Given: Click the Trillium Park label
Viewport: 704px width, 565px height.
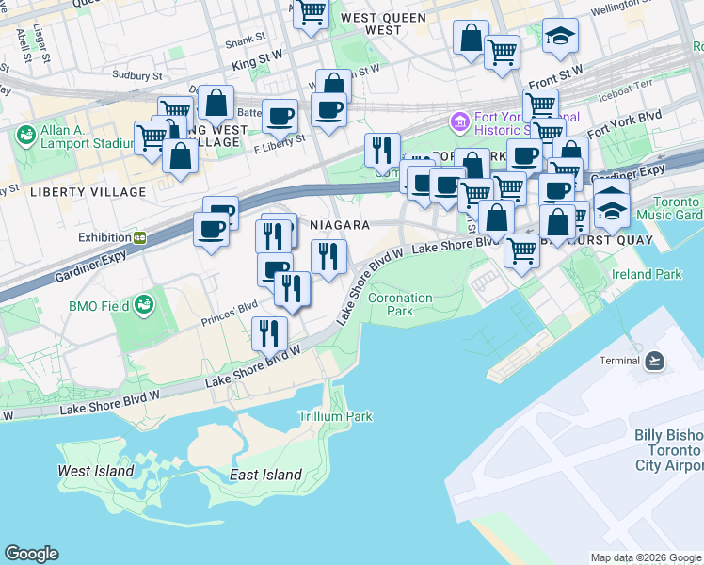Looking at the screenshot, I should coord(335,416).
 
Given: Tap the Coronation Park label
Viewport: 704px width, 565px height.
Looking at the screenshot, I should coord(400,304).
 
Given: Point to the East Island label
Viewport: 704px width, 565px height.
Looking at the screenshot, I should coord(265,475).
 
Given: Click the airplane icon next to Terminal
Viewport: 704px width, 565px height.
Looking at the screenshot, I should coord(655,361).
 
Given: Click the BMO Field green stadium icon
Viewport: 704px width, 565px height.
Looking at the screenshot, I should coord(144,305).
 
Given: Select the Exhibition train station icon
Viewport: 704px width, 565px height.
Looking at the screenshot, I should coord(139,238).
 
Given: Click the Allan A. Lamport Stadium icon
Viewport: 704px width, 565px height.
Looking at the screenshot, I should coord(25,137).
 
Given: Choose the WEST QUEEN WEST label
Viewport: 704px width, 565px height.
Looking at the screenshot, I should coord(385,24).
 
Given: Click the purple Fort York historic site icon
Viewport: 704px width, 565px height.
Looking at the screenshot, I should coord(459,121).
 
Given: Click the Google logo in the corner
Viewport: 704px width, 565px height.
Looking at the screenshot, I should coord(31,554).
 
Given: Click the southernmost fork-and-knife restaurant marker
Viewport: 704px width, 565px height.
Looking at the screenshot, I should coord(269,332).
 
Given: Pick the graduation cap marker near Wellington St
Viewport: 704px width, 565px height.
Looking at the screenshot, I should coord(560,37).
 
